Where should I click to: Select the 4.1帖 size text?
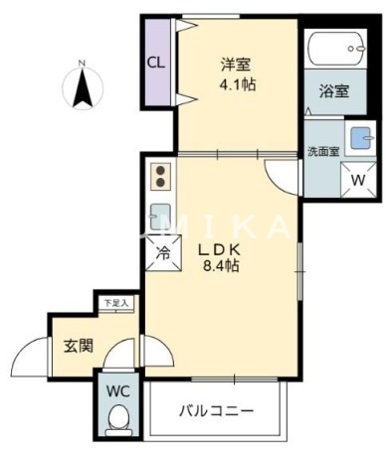(x=238, y=85)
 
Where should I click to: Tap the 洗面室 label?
(x=322, y=151)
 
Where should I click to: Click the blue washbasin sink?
(x=359, y=138)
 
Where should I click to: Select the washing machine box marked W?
(x=358, y=179)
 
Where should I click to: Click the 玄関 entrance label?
(x=79, y=346)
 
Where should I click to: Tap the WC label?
(x=118, y=389)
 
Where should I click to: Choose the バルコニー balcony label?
(x=216, y=409)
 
